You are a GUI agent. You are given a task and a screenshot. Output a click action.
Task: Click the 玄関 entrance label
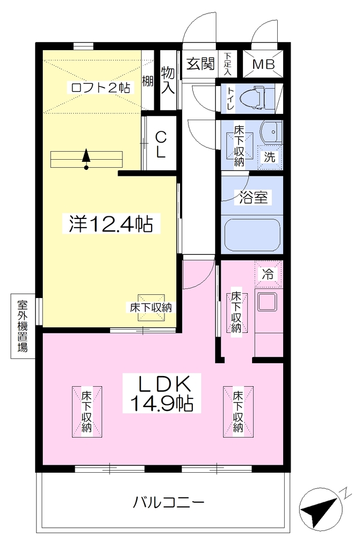pyautogui.click(x=200, y=64)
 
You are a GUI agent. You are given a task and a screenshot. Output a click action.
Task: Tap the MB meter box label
pyautogui.click(x=263, y=65)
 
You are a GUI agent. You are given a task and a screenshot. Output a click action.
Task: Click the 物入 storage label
pyautogui.click(x=168, y=81)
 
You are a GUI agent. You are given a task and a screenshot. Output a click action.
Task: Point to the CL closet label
pyautogui.click(x=160, y=145)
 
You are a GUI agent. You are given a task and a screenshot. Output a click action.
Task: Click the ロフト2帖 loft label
pyautogui.click(x=100, y=87)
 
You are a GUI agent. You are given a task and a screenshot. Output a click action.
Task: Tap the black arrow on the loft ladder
pyautogui.click(x=86, y=159)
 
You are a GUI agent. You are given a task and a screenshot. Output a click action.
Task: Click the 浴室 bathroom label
pyautogui.click(x=254, y=198)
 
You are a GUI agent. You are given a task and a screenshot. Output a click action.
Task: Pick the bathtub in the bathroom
pyautogui.click(x=253, y=236)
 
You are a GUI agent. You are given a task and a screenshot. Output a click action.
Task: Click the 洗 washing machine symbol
pyautogui.click(x=269, y=157)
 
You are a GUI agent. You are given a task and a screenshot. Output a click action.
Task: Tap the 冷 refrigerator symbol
pyautogui.click(x=268, y=274)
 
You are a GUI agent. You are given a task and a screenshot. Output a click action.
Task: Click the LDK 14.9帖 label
pyautogui.click(x=162, y=393)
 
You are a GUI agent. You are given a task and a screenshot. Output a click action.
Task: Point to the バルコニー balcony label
pyautogui.click(x=168, y=503)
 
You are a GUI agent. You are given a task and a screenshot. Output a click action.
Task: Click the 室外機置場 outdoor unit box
pyautogui.click(x=22, y=326)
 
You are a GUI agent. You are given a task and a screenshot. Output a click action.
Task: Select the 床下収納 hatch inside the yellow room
pyautogui.click(x=151, y=307)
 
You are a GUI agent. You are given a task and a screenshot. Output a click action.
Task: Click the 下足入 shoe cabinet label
pyautogui.click(x=228, y=64)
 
